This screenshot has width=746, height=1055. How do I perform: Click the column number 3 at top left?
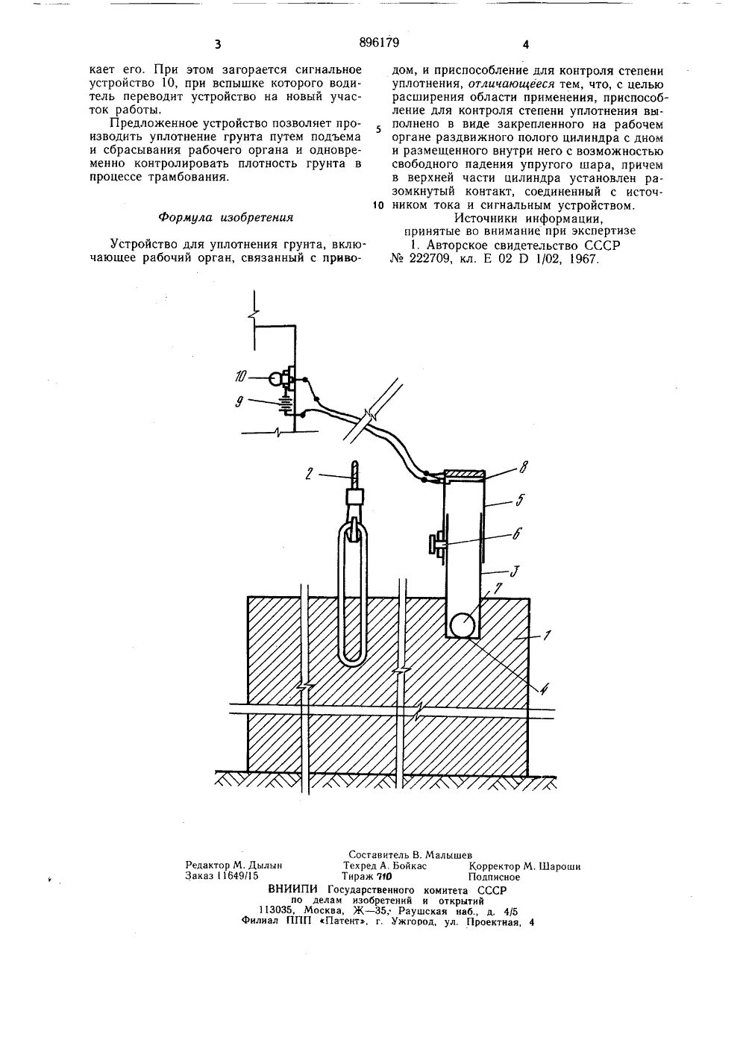click(217, 45)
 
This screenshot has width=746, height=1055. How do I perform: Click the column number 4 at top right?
click(525, 45)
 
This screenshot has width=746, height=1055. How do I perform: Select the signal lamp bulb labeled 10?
click(276, 379)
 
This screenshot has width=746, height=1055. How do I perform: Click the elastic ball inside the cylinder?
click(463, 624)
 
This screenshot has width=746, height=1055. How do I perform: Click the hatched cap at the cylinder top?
click(464, 474)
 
